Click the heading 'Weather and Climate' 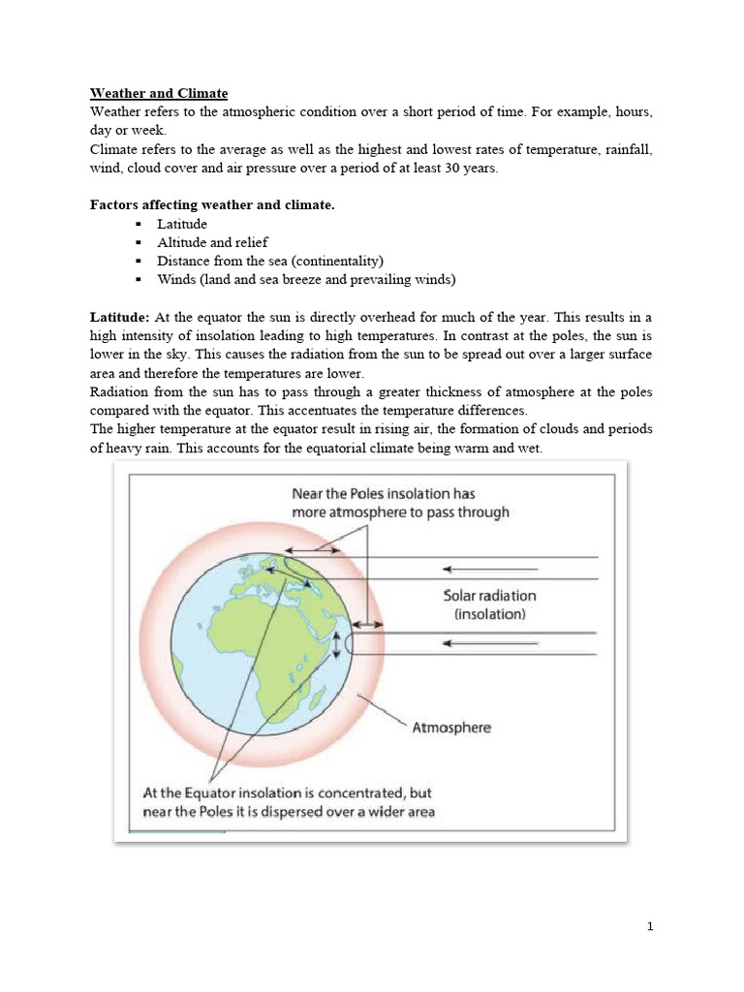(159, 93)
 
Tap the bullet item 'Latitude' (182, 224)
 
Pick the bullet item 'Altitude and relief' (212, 242)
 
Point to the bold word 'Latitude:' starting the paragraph (120, 317)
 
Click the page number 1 (650, 926)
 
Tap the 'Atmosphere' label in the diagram (452, 727)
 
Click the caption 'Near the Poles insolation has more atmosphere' (399, 503)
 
